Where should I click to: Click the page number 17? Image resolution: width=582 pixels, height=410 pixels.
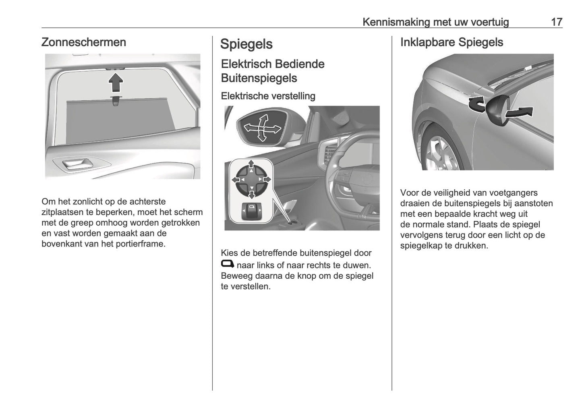coord(556,22)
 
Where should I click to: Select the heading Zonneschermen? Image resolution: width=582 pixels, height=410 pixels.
coord(84,42)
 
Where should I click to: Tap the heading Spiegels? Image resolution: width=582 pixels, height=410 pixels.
coord(246,44)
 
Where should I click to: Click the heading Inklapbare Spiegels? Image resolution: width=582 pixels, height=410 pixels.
coord(452,42)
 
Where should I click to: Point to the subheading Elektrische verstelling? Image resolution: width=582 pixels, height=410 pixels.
coord(268,96)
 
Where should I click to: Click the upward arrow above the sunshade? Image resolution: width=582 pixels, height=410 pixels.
coord(116,83)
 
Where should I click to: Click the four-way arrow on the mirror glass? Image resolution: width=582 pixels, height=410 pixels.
coord(262,128)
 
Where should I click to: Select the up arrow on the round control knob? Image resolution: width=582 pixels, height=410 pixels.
coord(251,164)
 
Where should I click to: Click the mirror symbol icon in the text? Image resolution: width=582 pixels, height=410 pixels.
coord(228,264)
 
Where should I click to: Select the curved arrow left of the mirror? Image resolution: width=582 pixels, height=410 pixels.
coord(476,104)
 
